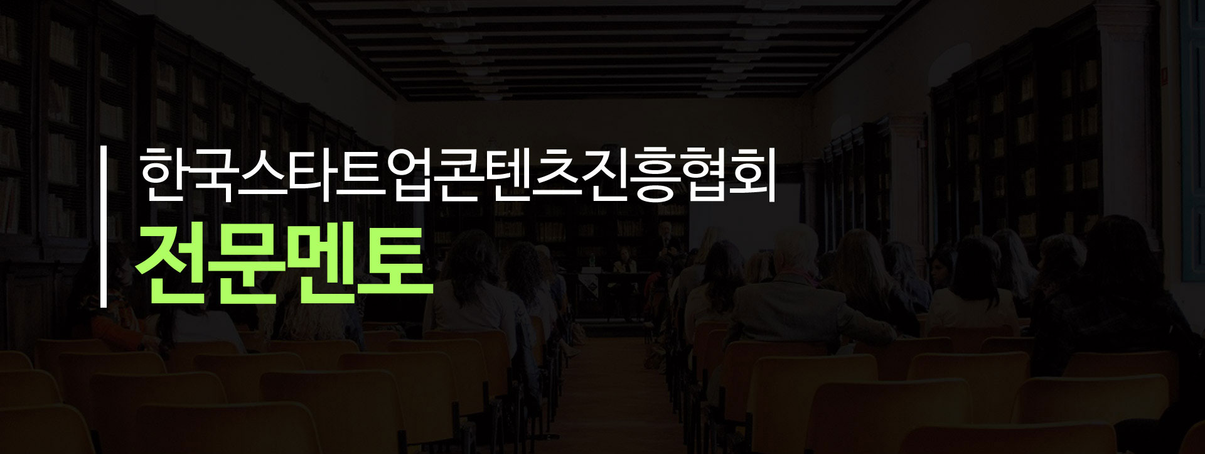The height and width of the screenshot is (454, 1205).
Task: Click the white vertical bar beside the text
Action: click(x=104, y=227)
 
